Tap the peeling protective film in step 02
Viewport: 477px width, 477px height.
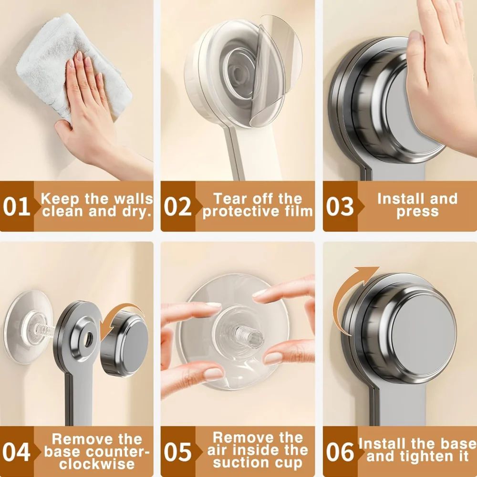[x=277, y=72]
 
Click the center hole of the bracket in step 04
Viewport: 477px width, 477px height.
[x=87, y=338]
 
